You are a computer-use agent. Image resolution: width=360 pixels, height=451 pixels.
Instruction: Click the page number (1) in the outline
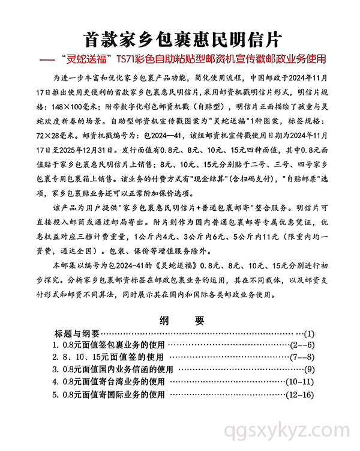[x=309, y=333]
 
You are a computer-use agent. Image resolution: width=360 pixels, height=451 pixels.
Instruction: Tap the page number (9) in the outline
[x=309, y=369]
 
